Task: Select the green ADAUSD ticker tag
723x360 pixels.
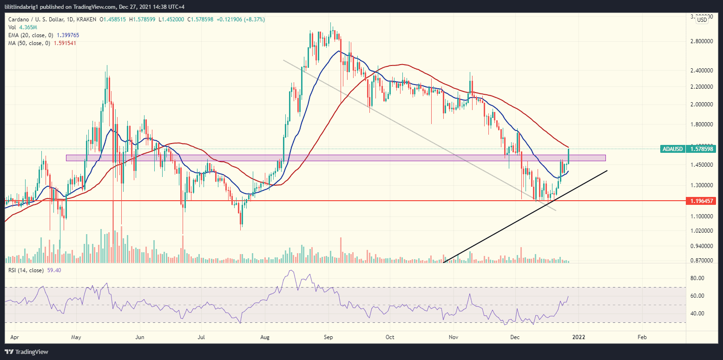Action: click(x=672, y=149)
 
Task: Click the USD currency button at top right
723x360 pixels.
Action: click(x=702, y=20)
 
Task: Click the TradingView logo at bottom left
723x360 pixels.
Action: click(x=27, y=352)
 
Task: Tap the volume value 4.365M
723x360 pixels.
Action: click(x=26, y=27)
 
